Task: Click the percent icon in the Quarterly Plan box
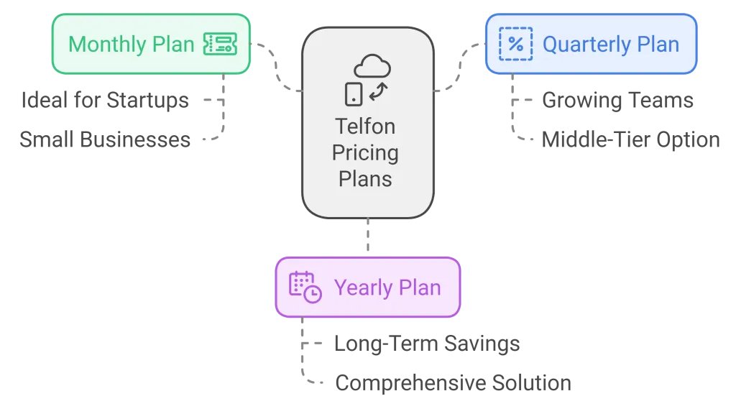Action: [x=515, y=44]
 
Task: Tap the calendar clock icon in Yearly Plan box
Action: [x=305, y=287]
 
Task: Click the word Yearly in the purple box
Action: [x=363, y=288]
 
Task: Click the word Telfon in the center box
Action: [x=365, y=127]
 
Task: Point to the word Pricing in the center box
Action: [x=365, y=153]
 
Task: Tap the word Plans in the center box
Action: [x=365, y=178]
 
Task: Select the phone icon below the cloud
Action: [x=353, y=94]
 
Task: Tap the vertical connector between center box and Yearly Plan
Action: [x=367, y=237]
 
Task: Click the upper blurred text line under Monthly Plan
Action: [x=103, y=100]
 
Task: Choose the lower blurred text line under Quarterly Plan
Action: [x=632, y=139]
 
